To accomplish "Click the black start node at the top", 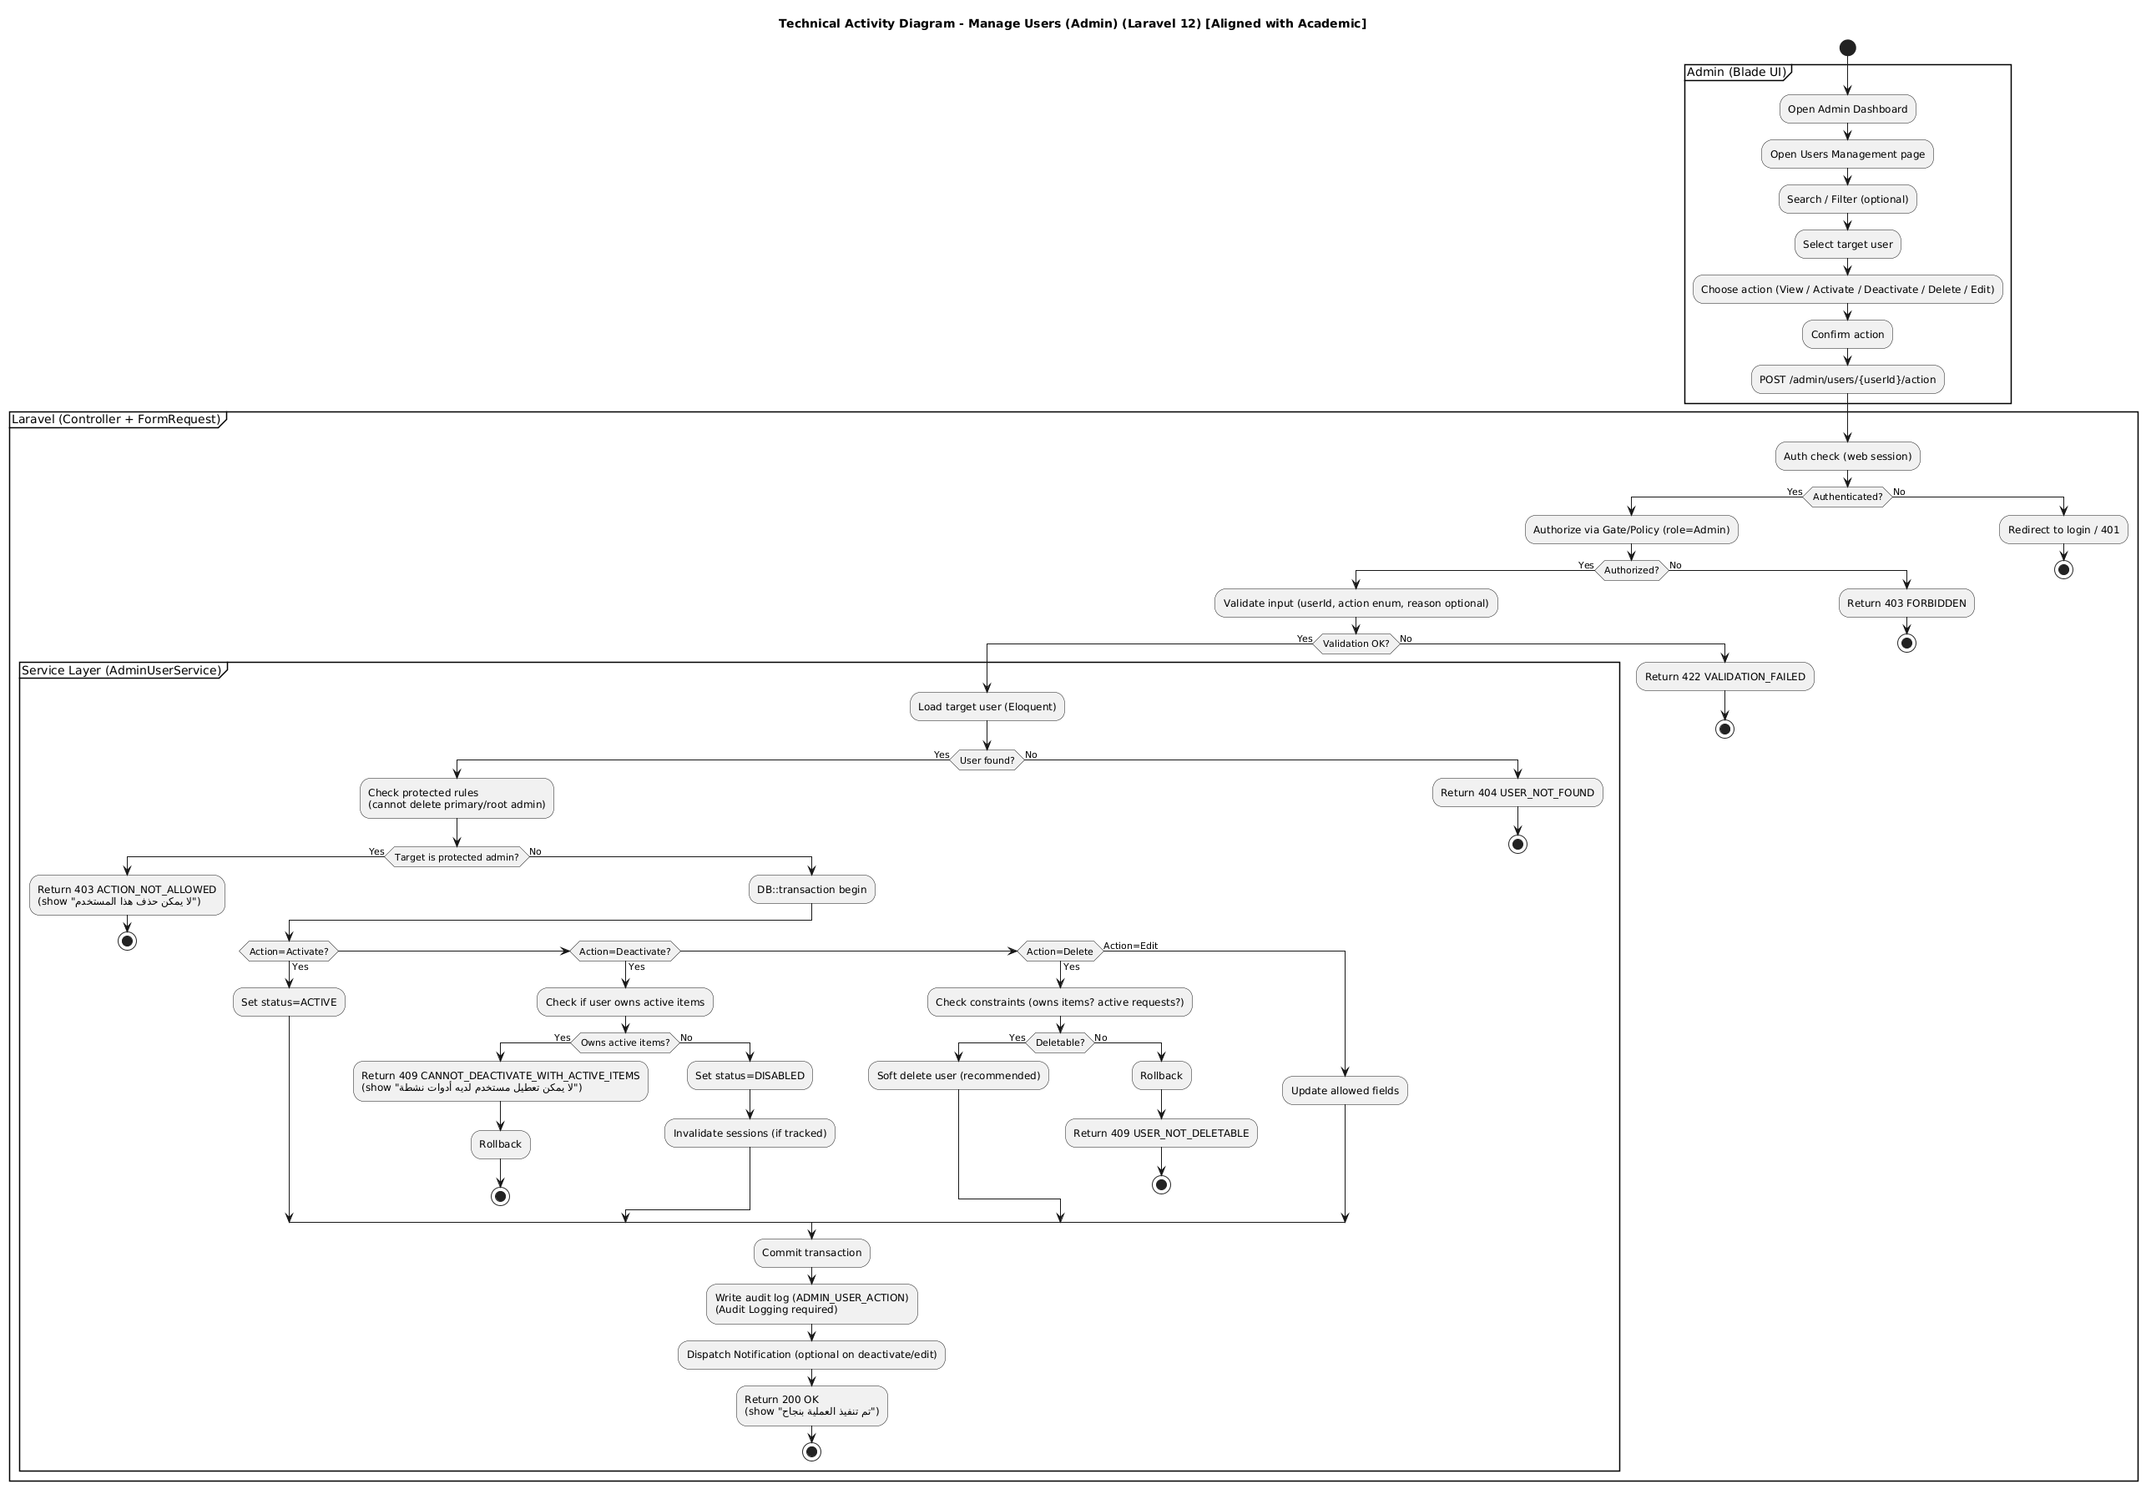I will (x=1846, y=48).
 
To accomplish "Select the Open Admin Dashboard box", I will (x=1846, y=109).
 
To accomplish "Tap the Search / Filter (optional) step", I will (x=1846, y=199).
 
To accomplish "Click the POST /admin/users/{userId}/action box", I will (x=1846, y=380).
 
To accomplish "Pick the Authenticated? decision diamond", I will (x=1846, y=497).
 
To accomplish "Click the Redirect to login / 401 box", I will (x=2063, y=530).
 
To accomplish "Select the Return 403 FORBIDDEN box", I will (x=1906, y=603).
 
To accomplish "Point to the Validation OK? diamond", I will (x=1355, y=644).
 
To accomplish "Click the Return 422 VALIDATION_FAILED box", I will (x=1724, y=676).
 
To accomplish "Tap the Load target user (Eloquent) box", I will (x=987, y=707).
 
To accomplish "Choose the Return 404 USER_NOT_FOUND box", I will (x=1517, y=793).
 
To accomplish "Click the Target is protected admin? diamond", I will (x=457, y=857).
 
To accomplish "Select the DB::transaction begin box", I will (x=810, y=890).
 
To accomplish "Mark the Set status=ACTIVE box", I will (x=288, y=1003).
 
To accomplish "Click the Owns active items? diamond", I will (x=624, y=1043).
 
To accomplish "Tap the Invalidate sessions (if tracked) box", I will (x=750, y=1133).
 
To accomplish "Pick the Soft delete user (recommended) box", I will (x=958, y=1076).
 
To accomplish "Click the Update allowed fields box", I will (x=1344, y=1091).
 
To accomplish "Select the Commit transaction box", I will (x=810, y=1253).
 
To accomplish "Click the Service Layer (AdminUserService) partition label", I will (x=120, y=671).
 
